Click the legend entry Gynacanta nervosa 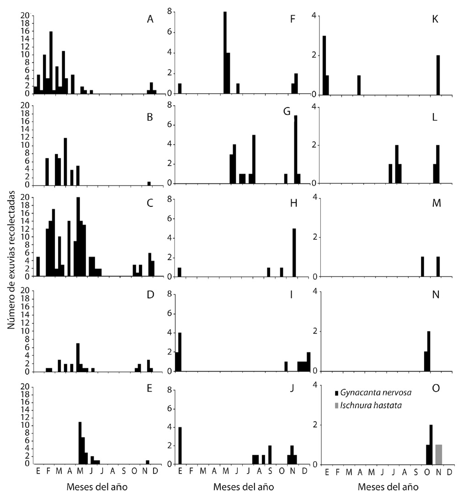pyautogui.click(x=369, y=393)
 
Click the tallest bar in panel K pyautogui.click(x=324, y=66)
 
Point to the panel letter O pyautogui.click(x=436, y=388)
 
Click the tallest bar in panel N pyautogui.click(x=429, y=351)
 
